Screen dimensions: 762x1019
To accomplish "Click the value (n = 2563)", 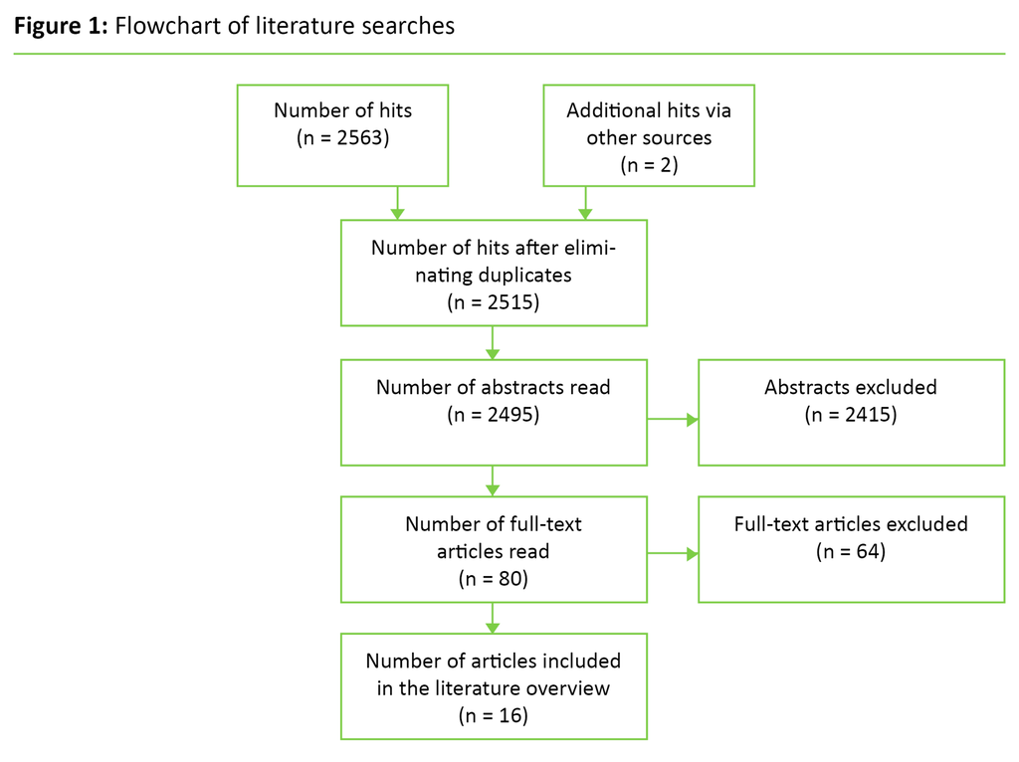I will [343, 138].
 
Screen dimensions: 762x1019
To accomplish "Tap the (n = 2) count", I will [649, 165].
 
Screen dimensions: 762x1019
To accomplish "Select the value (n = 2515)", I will [494, 302].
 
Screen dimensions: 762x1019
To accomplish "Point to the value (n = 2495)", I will [494, 414].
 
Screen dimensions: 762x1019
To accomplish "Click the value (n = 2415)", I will [851, 414].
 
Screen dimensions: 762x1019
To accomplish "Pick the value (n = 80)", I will [494, 577].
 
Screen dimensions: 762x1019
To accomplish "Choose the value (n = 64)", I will [851, 550].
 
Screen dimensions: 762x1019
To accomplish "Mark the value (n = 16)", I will [494, 714].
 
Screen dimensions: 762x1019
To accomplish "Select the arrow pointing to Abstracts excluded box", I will [673, 419].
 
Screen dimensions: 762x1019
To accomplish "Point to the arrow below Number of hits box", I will [397, 202].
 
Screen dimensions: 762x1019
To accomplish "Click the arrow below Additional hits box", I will [585, 202].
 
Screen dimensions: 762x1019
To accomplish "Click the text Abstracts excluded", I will [851, 387].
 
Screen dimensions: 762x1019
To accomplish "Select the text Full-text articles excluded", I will [851, 523].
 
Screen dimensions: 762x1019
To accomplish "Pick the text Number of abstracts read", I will [494, 387].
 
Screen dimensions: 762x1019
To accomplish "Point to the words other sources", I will [649, 137].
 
